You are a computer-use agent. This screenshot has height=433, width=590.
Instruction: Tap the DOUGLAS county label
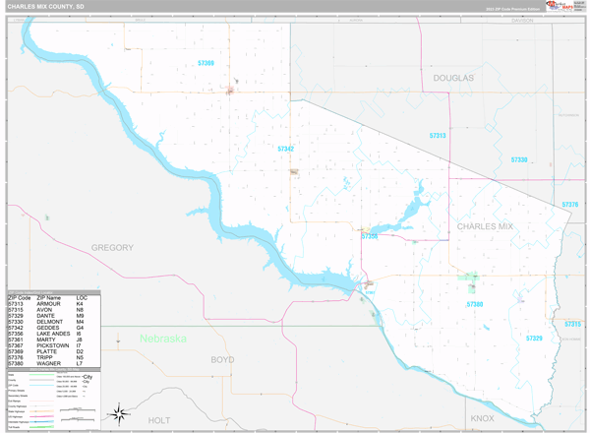pos(453,77)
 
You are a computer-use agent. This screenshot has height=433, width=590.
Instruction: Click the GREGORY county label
pos(112,247)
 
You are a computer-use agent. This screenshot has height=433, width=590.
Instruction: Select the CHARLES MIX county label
pos(485,226)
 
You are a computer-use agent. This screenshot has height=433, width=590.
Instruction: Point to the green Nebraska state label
pos(162,339)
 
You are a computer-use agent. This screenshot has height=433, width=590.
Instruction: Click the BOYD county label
pos(223,360)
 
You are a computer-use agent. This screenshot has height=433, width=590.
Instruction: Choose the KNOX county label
pos(482,418)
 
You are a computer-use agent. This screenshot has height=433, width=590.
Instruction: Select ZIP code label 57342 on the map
pos(286,149)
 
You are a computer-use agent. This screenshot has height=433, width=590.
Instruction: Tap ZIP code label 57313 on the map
pos(438,135)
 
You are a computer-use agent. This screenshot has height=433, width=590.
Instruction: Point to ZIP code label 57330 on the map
pos(520,158)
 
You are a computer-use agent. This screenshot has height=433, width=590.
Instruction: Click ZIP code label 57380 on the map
pos(475,305)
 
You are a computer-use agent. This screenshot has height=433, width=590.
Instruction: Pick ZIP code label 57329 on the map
pos(534,339)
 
